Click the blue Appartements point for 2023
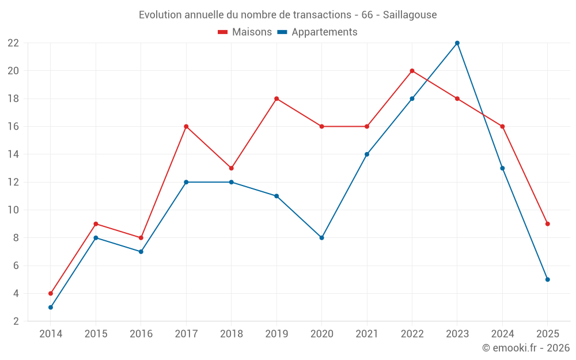coord(457,43)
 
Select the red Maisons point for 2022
coord(412,71)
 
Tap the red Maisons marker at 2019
coord(276,98)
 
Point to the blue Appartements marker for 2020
coord(321,237)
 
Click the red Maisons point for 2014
coord(51,293)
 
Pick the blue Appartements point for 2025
coord(547,279)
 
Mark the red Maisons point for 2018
coord(231,168)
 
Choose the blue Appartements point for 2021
coord(367,154)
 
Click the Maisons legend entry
coord(252,32)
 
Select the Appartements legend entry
coord(324,32)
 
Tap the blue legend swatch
coord(282,32)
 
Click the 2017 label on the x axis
coord(186,334)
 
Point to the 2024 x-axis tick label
coord(502,334)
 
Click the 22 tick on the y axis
coord(13,43)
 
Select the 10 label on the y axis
coord(13,210)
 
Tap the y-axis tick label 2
coord(16,321)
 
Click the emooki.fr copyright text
coord(526,348)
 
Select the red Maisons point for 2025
coord(547,223)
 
